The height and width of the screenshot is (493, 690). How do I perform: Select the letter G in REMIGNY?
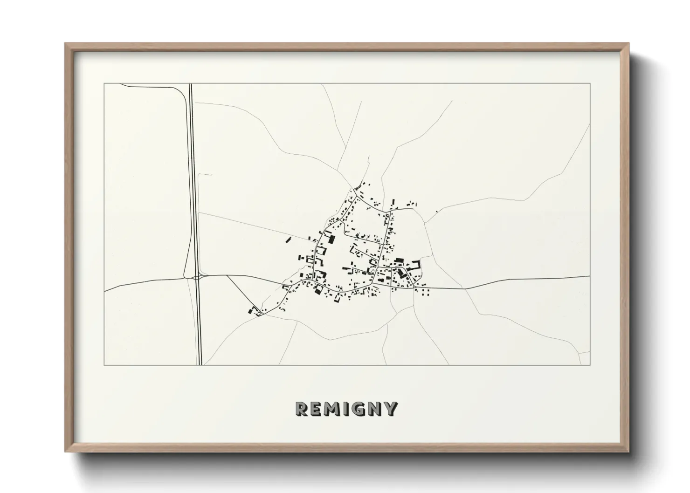click(359, 409)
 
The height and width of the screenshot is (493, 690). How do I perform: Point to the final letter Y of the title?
click(391, 409)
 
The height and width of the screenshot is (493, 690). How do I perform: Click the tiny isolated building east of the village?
click(436, 212)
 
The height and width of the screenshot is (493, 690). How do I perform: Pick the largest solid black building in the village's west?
click(331, 240)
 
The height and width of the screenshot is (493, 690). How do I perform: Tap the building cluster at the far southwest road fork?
click(254, 311)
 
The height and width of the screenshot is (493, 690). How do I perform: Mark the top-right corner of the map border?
click(590, 83)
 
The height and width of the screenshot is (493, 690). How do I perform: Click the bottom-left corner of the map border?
click(104, 365)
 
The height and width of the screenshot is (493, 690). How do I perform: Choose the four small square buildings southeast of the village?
click(425, 293)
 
